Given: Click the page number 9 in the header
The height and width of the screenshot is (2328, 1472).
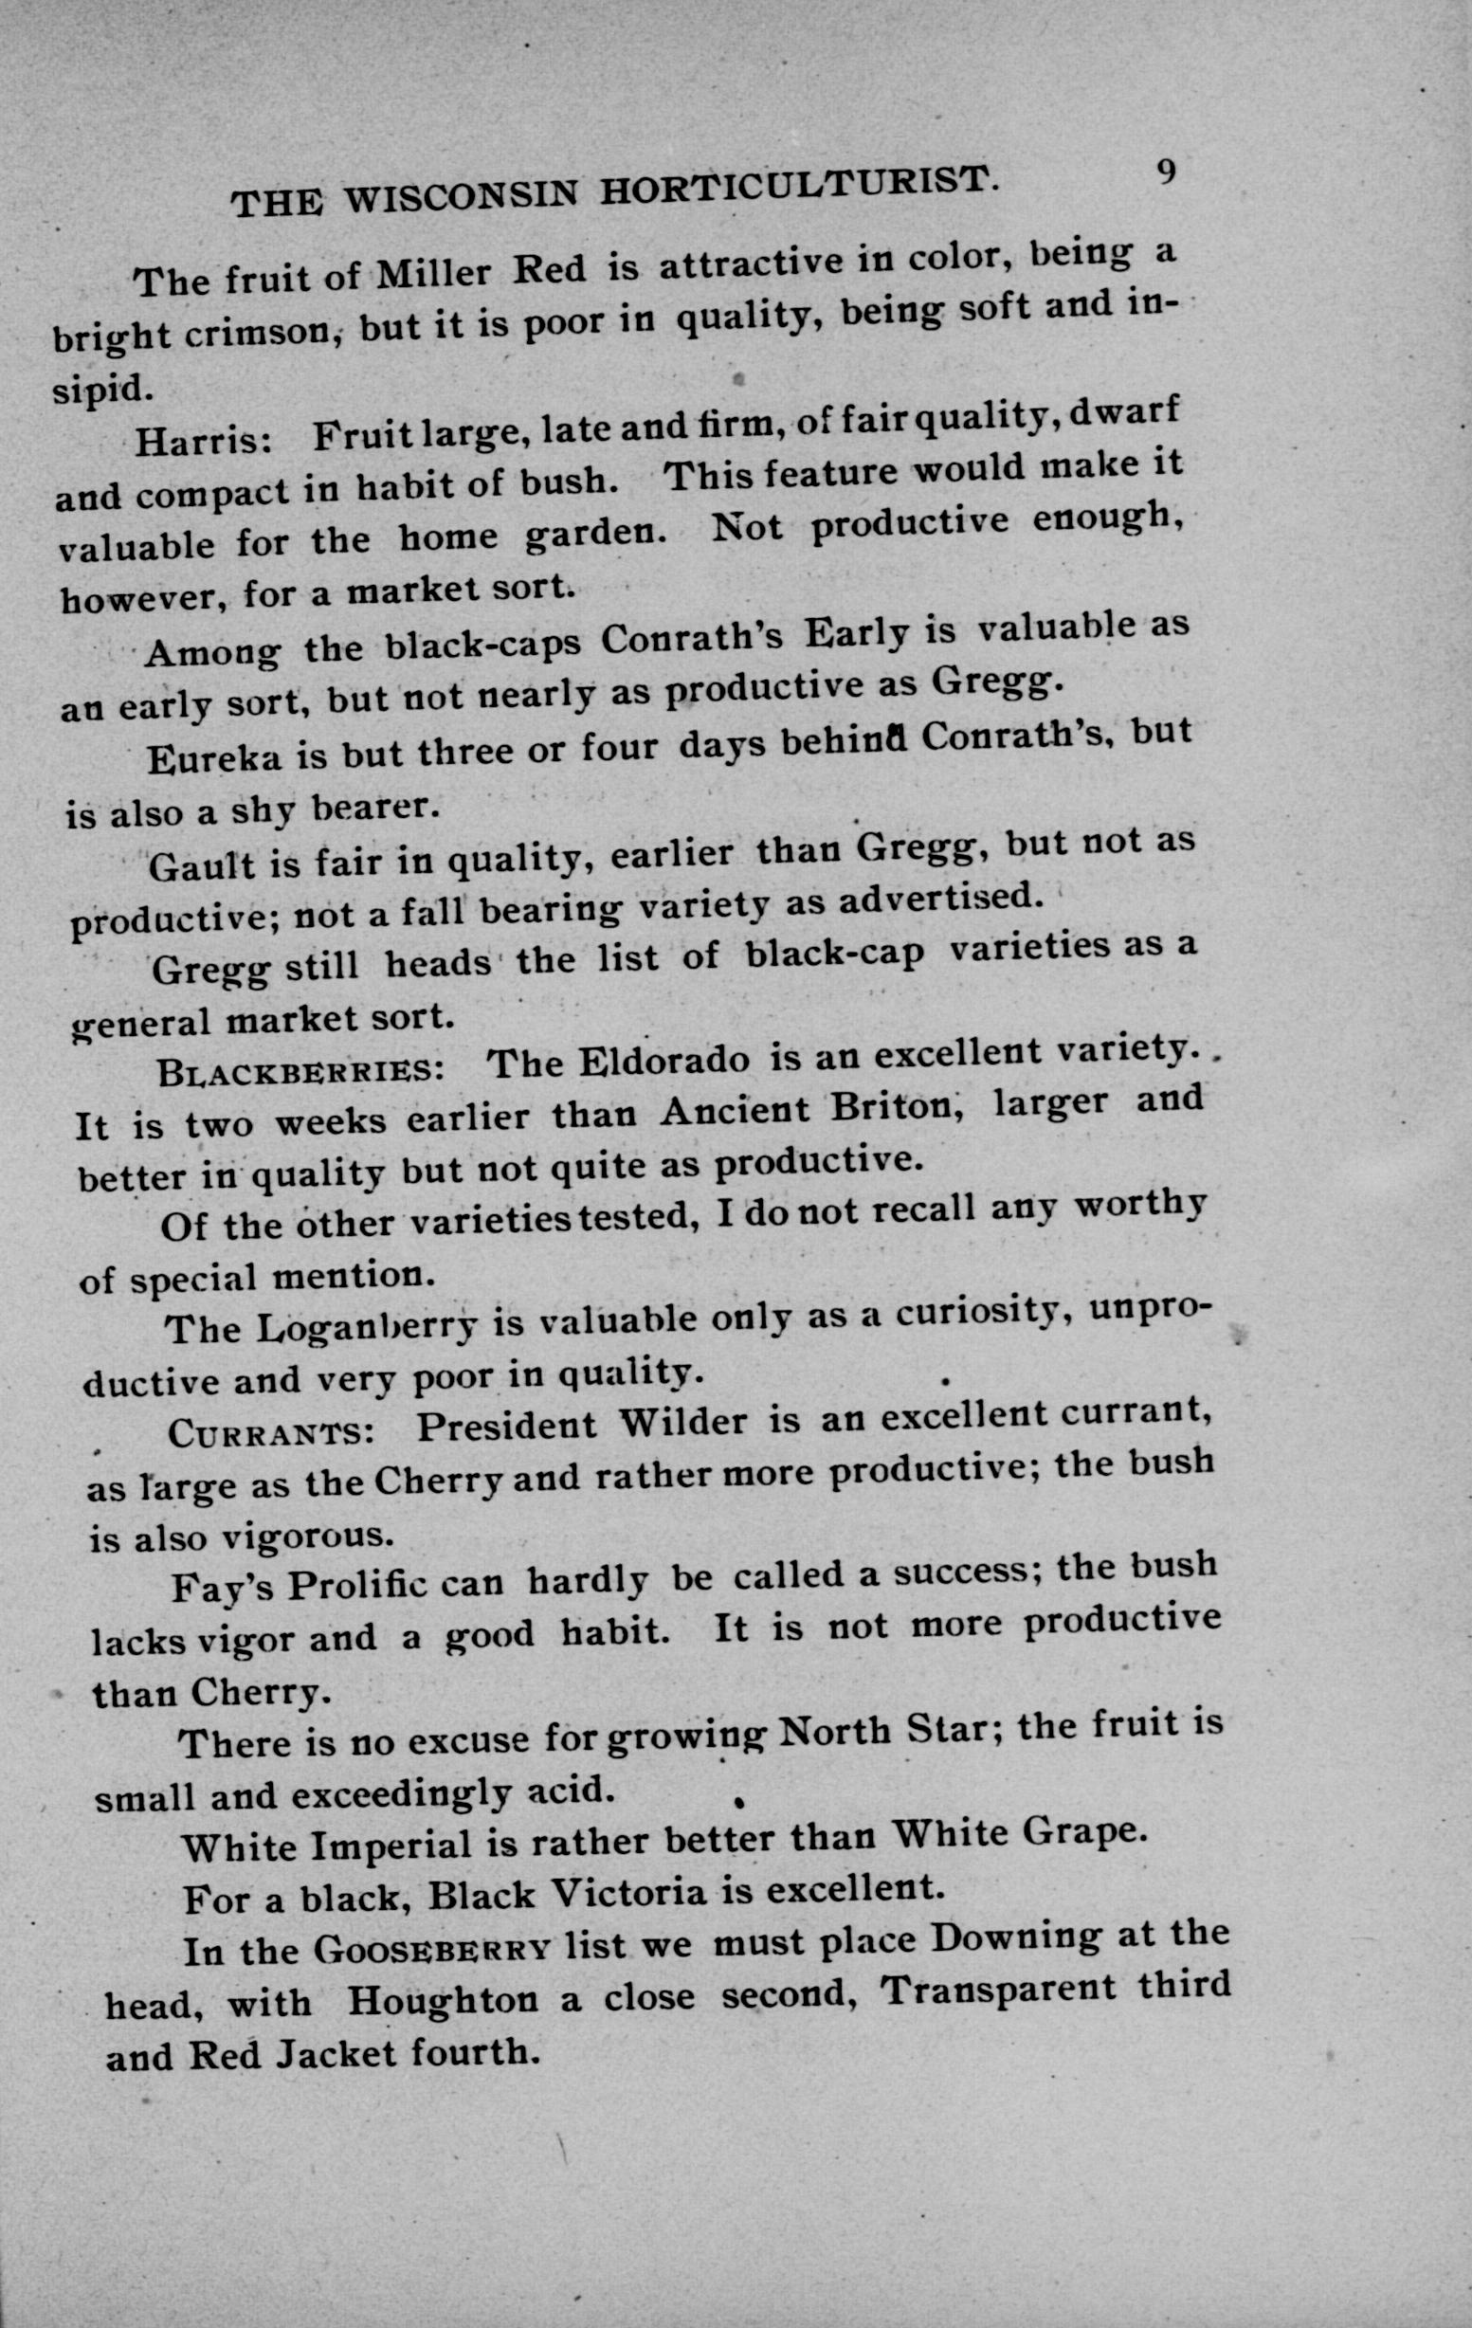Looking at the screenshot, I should click(1165, 173).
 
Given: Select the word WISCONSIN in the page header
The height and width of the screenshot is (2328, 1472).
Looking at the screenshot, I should click(460, 197).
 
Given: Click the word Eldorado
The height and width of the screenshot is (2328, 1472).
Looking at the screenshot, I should click(664, 1062).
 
